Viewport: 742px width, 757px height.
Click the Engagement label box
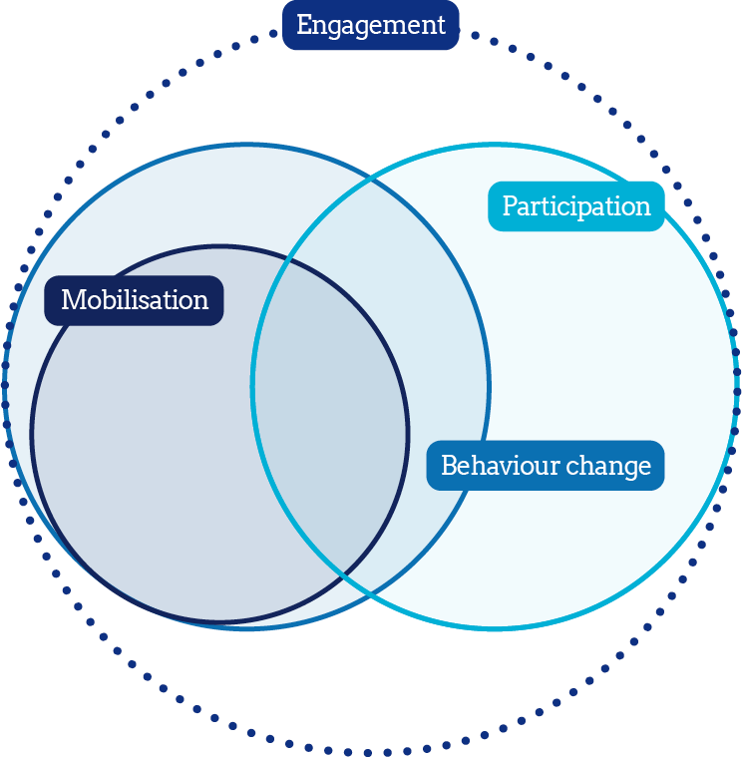pos(371,25)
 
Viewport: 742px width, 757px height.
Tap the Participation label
pos(575,206)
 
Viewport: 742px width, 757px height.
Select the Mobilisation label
pos(134,300)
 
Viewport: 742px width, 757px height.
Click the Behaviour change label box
pos(546,466)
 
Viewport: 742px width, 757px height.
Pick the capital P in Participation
pos(510,206)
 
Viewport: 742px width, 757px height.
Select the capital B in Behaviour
pos(448,466)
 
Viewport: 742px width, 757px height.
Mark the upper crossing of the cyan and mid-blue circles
pos(370,180)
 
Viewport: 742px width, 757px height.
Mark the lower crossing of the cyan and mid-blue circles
pos(370,595)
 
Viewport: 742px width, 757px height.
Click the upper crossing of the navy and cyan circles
pos(289,260)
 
